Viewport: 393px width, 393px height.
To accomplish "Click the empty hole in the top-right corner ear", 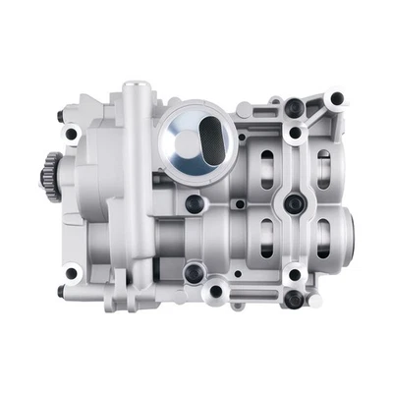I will tap(337, 98).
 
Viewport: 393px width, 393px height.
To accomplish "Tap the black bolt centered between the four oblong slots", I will tap(293, 203).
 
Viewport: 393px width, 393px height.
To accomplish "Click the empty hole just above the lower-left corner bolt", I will tap(70, 272).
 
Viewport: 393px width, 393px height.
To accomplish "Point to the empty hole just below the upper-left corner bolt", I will tap(72, 131).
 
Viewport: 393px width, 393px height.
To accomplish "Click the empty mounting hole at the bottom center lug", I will tap(211, 292).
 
